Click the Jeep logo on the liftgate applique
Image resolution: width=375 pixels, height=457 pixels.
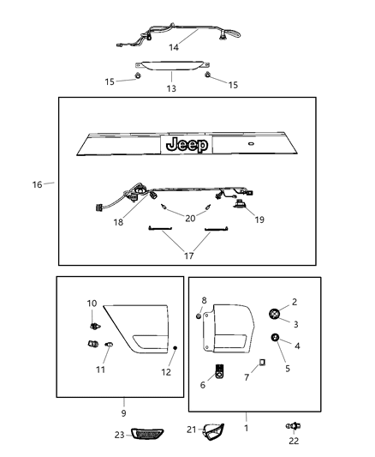[x=187, y=144]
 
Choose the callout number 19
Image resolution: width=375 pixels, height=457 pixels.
[x=259, y=220]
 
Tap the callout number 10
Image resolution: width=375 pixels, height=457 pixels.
[x=92, y=303]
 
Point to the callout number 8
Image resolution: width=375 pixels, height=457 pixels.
[x=204, y=301]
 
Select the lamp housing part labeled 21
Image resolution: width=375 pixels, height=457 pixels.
[x=211, y=432]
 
